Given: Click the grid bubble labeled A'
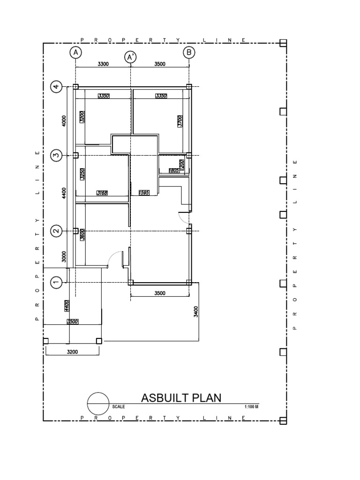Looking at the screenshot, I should (130, 57).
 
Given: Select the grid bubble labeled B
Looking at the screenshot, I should (189, 52).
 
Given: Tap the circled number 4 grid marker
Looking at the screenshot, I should (56, 87).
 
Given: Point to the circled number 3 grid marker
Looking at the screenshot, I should (56, 155).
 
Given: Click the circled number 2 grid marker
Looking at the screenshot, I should (56, 231).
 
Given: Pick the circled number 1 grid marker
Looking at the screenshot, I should (56, 282).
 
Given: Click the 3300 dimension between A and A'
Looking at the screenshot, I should (103, 65).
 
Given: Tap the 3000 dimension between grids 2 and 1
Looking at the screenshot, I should (65, 256).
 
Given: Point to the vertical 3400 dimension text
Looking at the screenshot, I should (196, 311).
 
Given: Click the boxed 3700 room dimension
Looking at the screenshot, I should (179, 122).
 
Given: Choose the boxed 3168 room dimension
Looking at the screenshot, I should (102, 193).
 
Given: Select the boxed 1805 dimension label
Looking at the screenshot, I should (174, 170).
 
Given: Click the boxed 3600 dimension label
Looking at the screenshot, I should (82, 234).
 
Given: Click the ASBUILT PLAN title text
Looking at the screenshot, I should (181, 398).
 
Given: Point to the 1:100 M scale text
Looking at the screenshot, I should (252, 406).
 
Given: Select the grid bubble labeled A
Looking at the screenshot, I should (75, 52).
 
